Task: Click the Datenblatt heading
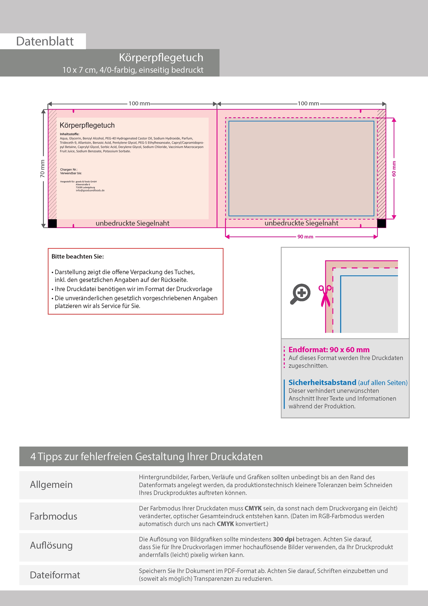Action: tap(45, 41)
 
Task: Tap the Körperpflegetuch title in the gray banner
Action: tap(161, 58)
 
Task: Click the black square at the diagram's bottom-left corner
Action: tap(52, 223)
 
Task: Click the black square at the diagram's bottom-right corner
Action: tap(381, 223)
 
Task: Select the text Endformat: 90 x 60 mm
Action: tap(329, 350)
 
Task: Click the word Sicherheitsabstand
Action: tap(322, 382)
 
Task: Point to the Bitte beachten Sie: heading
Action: tap(77, 257)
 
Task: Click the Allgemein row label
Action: tap(51, 485)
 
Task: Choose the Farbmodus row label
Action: tap(53, 516)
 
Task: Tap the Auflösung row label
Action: tap(51, 545)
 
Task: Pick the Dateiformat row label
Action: tap(55, 575)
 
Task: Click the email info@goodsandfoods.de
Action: tap(90, 191)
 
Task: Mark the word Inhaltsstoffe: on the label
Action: tap(69, 134)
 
